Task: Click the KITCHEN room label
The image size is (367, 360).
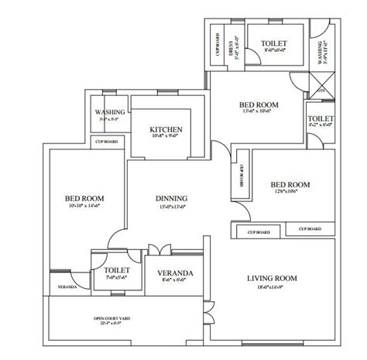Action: click(x=166, y=129)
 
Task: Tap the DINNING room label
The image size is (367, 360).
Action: click(x=172, y=198)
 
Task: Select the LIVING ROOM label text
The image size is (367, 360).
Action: click(x=273, y=278)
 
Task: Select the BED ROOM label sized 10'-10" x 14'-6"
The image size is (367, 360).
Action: click(x=84, y=198)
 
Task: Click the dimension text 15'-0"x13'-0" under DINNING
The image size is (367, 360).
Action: click(x=172, y=207)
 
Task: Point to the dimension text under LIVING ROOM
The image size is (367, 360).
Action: click(x=273, y=287)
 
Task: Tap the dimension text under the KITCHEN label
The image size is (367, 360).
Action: click(x=166, y=137)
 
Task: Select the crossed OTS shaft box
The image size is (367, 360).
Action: click(x=323, y=81)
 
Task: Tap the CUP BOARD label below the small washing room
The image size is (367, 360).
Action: click(x=106, y=142)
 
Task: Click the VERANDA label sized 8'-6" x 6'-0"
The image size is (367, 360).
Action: click(x=175, y=274)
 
